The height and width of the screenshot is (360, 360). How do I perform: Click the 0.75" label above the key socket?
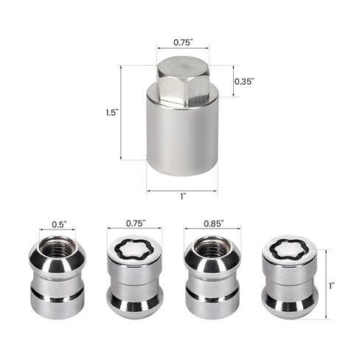[182, 42]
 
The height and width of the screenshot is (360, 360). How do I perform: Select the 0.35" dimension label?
[246, 82]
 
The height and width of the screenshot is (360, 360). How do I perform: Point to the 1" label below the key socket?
[182, 197]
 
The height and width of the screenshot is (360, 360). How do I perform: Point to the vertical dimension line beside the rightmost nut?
[322, 284]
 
